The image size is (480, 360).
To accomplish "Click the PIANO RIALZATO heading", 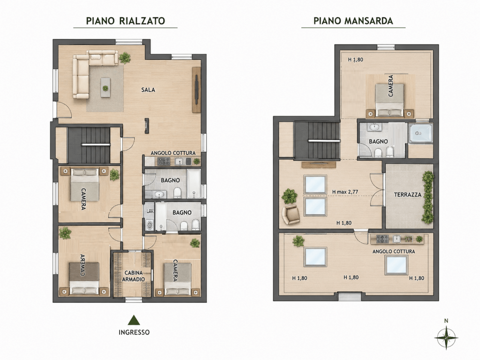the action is point(125,21).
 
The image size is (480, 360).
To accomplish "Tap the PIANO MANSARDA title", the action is point(353,21).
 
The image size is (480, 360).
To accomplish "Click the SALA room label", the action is point(148,90).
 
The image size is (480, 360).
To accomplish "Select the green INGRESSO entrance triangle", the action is point(134,320).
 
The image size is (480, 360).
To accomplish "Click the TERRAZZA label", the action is point(408,195).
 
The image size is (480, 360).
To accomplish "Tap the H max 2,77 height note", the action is point(345,192).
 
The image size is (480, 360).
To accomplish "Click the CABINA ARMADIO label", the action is point(133,276).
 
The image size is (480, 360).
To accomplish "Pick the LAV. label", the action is point(150,211).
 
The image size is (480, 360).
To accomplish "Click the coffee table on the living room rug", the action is point(105,87).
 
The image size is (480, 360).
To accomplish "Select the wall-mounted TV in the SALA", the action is point(196,90).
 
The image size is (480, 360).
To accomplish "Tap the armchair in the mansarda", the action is point(290,214).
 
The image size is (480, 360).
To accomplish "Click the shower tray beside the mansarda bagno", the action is point(420,133).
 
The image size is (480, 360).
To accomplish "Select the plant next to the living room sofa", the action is point(124,58).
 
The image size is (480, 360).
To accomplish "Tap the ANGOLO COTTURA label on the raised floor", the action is point(173,153).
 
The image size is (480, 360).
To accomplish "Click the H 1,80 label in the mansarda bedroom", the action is point(355,60).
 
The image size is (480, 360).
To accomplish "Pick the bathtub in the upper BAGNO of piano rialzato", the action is point(194,184).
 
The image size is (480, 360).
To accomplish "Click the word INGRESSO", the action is point(134,333).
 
